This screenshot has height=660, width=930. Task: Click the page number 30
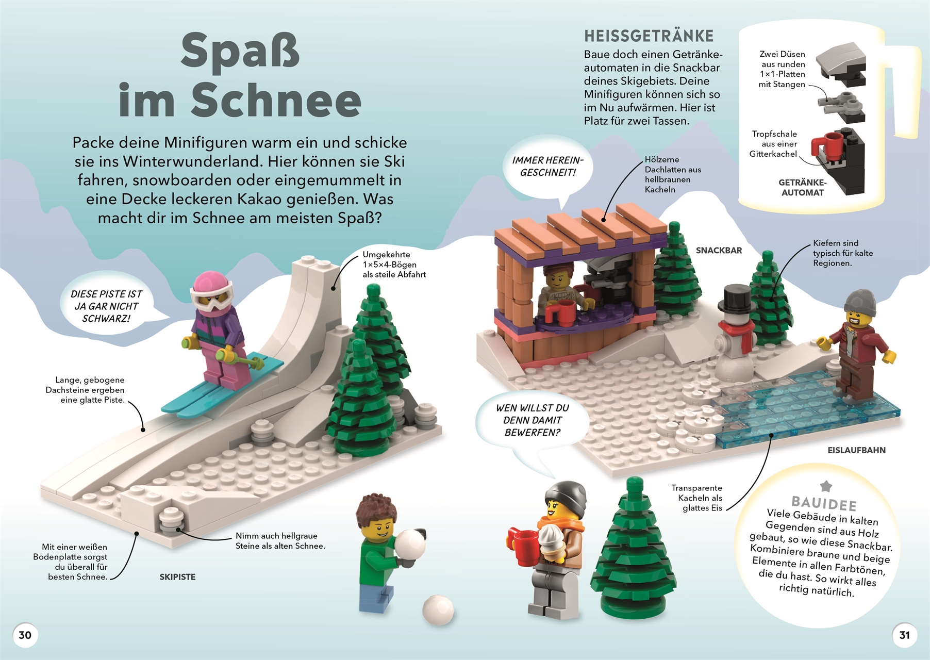point(25,635)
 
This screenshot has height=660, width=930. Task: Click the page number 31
point(905,635)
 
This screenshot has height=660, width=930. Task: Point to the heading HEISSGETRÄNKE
point(649,36)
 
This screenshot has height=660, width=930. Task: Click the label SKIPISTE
point(177,577)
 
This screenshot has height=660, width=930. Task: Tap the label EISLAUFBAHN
point(856,450)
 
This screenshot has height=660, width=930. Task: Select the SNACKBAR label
point(719,251)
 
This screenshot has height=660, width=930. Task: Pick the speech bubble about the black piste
point(107,306)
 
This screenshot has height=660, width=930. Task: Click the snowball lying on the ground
point(438,610)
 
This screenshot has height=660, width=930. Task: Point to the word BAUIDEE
point(824,503)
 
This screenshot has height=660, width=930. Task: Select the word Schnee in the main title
point(276,101)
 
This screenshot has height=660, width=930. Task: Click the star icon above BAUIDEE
point(826,486)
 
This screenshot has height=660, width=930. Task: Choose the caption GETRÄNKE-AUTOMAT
point(802,188)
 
